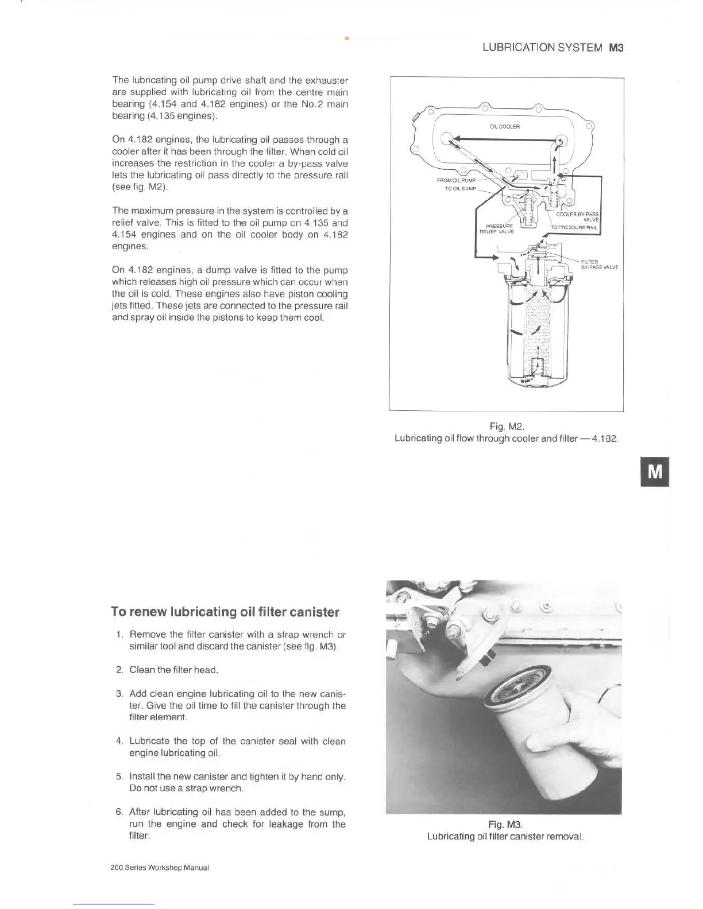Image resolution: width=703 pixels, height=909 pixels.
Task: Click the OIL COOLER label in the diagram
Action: click(505, 126)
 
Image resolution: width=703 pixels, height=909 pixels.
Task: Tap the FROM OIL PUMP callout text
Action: click(456, 180)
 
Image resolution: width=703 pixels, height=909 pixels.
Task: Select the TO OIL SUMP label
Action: click(461, 188)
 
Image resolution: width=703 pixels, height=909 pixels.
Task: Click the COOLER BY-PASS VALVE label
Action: click(578, 216)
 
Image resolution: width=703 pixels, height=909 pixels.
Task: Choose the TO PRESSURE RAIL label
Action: click(574, 227)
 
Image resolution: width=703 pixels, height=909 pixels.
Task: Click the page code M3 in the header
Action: click(616, 48)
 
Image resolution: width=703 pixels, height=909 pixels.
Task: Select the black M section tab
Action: click(655, 471)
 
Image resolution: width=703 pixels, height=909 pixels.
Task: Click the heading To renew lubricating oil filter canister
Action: click(225, 612)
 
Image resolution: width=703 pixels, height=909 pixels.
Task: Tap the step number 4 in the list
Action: click(119, 741)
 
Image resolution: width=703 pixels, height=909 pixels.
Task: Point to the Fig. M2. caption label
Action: click(507, 426)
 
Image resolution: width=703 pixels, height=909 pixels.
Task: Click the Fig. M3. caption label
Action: click(505, 825)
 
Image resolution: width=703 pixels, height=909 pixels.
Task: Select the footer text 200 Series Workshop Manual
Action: click(160, 868)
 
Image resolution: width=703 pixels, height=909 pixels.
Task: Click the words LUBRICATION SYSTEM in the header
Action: click(542, 48)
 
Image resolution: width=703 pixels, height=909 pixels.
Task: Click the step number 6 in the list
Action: click(119, 811)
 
